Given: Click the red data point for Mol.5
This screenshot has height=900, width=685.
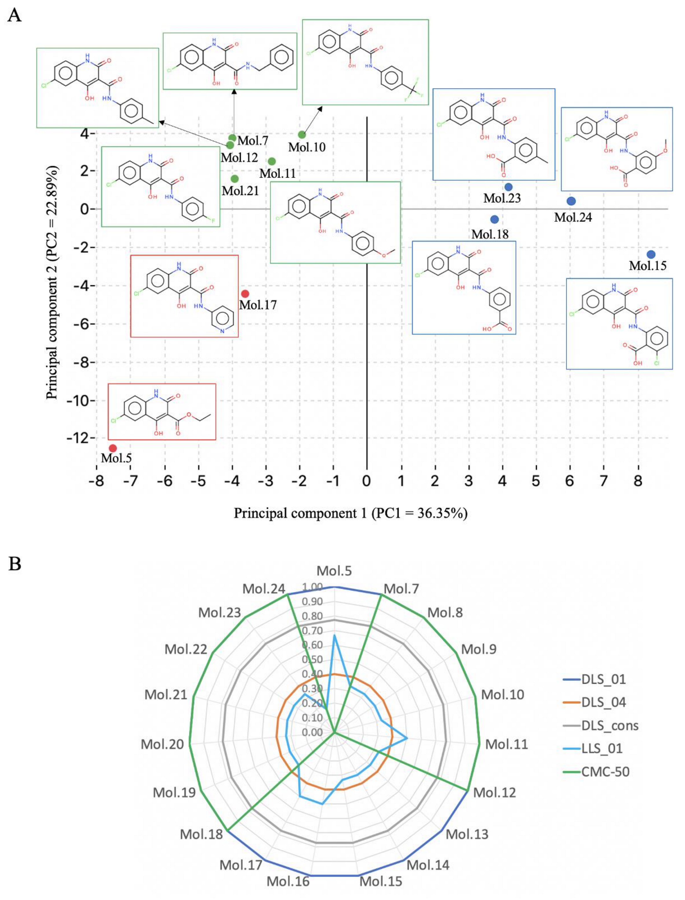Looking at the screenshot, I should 113,448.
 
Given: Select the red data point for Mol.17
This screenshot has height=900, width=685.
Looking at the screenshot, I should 245,293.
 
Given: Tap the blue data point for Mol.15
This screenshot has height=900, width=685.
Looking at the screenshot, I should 651,254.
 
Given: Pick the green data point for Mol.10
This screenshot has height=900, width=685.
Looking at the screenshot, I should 302,135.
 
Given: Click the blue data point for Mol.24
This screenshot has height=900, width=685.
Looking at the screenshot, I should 571,201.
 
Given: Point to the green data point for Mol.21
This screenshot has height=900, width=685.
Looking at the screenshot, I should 234,178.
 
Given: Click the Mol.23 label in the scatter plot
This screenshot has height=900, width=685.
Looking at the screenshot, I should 502,198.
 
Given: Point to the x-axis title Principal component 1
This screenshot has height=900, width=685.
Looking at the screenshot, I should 350,513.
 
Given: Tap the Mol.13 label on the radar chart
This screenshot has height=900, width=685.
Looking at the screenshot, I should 467,834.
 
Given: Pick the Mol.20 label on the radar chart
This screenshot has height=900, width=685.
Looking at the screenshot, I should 162,744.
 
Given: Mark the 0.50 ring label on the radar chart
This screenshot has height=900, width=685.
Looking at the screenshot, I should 312,660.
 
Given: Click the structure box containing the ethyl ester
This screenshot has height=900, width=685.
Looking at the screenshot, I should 162,411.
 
